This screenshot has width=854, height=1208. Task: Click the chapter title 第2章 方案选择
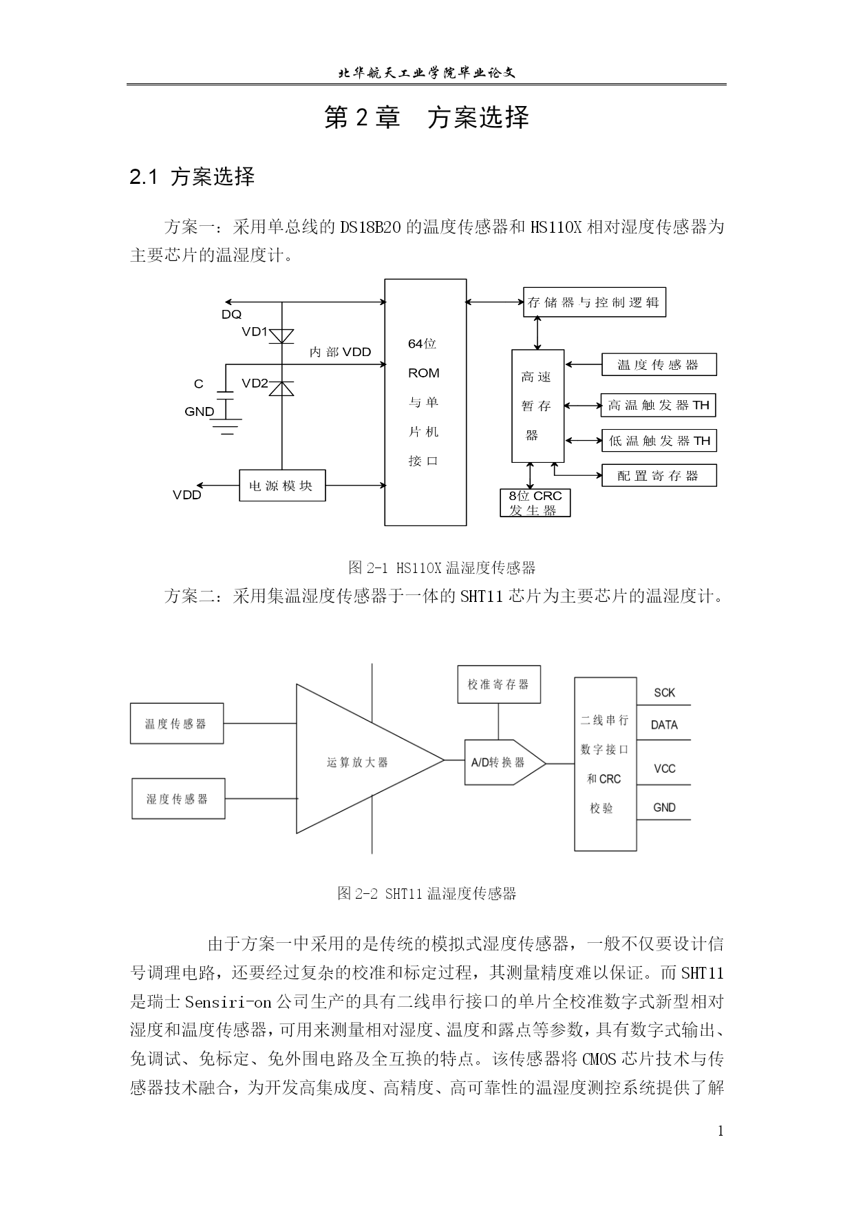click(x=427, y=118)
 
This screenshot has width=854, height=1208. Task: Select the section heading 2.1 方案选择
click(x=193, y=177)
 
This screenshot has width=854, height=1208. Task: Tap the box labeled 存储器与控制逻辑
click(x=595, y=302)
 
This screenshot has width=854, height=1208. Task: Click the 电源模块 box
click(x=282, y=486)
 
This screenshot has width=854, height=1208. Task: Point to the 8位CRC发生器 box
click(x=535, y=503)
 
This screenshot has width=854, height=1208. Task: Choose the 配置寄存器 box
click(x=659, y=475)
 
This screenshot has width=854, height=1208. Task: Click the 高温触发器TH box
click(x=659, y=405)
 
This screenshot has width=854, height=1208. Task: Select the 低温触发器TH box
click(x=659, y=441)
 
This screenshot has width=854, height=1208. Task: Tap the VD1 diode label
click(x=255, y=332)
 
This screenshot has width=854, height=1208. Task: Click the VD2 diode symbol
click(x=281, y=388)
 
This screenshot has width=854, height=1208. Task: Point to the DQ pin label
click(x=232, y=315)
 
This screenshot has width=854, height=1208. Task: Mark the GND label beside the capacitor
click(x=200, y=412)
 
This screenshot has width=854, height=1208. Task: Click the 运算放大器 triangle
click(x=358, y=759)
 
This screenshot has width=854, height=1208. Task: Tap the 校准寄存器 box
click(x=499, y=684)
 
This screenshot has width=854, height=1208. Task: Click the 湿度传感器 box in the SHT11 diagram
click(x=178, y=799)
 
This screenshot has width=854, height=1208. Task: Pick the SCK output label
click(x=665, y=693)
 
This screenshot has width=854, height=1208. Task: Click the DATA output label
click(x=664, y=725)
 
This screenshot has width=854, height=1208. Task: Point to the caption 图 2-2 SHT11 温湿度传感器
click(x=427, y=894)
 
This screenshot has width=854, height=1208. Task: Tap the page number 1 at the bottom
click(x=720, y=1131)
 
